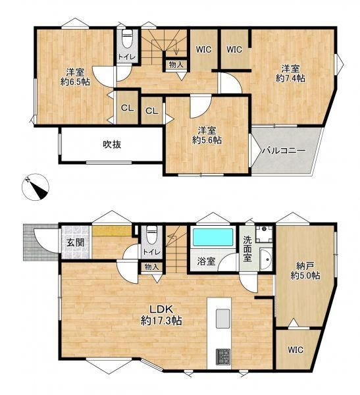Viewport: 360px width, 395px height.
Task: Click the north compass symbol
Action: pos(36,187)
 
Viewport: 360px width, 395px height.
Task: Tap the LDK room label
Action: pos(161,309)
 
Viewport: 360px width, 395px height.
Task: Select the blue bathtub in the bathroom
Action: pos(213,237)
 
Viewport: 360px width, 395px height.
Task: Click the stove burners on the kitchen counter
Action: pos(223,357)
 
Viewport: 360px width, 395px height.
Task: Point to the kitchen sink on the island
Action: pos(223,319)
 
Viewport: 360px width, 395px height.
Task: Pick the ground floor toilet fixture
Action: pos(151,234)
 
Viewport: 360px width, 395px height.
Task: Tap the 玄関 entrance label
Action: pos(75,242)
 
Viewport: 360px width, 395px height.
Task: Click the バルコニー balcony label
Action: pos(284,151)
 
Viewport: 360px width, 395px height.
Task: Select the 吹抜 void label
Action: pos(112,145)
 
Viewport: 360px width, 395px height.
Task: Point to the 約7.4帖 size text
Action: pos(290,78)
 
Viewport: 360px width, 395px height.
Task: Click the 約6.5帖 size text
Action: pos(75,82)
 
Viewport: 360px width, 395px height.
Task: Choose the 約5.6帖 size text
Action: pos(207,140)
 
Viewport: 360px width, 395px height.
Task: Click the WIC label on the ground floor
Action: pos(296,350)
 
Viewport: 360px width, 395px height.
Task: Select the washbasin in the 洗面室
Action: pos(266,259)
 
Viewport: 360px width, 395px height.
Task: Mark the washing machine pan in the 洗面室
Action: pos(264,234)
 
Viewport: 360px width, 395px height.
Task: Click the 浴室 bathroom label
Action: pos(206,261)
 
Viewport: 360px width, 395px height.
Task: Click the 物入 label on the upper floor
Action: pos(176,65)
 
